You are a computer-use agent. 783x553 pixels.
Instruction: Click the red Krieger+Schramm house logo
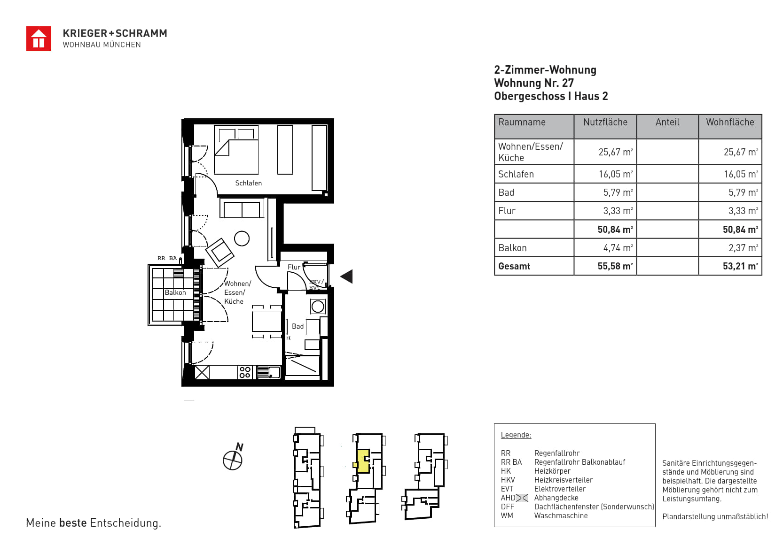click(39, 39)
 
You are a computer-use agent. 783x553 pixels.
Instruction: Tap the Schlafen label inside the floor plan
click(248, 183)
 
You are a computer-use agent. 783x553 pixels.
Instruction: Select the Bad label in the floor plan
click(298, 326)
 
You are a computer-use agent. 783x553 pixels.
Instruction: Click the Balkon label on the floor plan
click(175, 292)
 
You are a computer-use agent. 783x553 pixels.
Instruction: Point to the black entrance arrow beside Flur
click(346, 276)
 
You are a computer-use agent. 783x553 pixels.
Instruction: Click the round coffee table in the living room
click(242, 239)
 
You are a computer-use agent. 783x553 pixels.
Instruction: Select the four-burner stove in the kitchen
click(245, 372)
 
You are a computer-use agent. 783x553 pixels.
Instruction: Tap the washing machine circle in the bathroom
click(318, 307)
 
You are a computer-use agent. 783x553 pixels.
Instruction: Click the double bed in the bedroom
click(236, 150)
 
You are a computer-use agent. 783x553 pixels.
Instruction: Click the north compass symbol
click(233, 458)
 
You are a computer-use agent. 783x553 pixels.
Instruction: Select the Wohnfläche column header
click(730, 122)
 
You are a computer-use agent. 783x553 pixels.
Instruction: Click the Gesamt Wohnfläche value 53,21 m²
click(740, 266)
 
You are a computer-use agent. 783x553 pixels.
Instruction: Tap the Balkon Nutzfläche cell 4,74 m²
click(618, 248)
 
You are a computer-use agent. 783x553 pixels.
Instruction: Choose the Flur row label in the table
click(507, 211)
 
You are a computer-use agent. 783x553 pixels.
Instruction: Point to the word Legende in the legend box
click(516, 435)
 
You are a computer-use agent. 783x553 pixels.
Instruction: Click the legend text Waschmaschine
click(561, 515)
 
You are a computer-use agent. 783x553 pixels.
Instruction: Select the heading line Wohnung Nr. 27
click(534, 83)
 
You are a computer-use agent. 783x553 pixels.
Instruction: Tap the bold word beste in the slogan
click(73, 522)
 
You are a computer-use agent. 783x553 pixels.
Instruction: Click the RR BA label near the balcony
click(167, 258)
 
